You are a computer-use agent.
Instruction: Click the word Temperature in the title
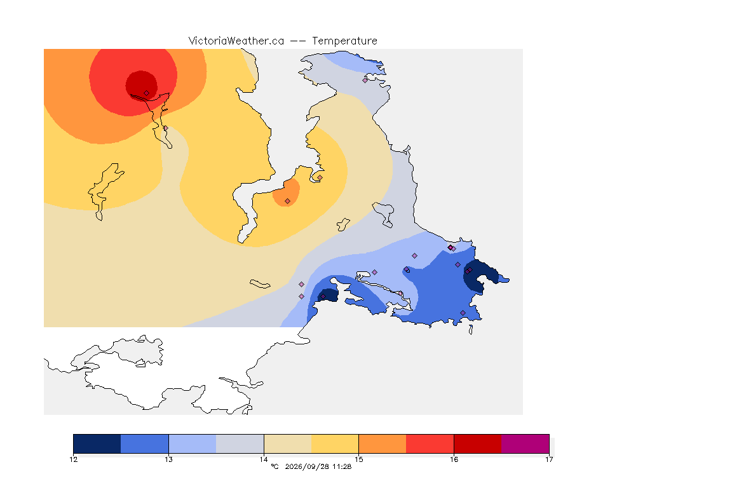pyautogui.click(x=344, y=41)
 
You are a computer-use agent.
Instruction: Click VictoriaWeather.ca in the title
pyautogui.click(x=236, y=41)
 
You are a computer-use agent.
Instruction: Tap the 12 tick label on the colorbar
pyautogui.click(x=74, y=459)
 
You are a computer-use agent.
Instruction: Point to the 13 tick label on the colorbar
pyautogui.click(x=168, y=459)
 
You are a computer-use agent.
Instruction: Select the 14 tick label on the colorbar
pyautogui.click(x=264, y=459)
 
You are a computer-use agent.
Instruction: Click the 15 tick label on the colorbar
pyautogui.click(x=358, y=459)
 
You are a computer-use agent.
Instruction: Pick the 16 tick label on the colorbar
pyautogui.click(x=454, y=459)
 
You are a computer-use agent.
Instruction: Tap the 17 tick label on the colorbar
pyautogui.click(x=549, y=459)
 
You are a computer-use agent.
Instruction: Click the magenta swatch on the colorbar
pyautogui.click(x=525, y=444)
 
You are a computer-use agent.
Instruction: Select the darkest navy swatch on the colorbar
pyautogui.click(x=97, y=444)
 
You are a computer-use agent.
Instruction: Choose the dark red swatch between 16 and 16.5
pyautogui.click(x=478, y=444)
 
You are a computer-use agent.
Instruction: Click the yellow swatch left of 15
pyautogui.click(x=335, y=444)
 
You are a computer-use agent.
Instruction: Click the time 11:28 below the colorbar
pyautogui.click(x=342, y=466)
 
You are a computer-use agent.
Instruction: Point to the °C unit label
pyautogui.click(x=274, y=466)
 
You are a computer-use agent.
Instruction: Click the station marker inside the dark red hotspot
pyautogui.click(x=147, y=93)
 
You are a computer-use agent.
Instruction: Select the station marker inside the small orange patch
pyautogui.click(x=288, y=201)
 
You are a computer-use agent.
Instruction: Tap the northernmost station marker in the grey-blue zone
pyautogui.click(x=365, y=80)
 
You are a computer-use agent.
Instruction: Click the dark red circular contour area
pyautogui.click(x=141, y=85)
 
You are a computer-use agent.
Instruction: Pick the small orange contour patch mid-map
pyautogui.click(x=286, y=193)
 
